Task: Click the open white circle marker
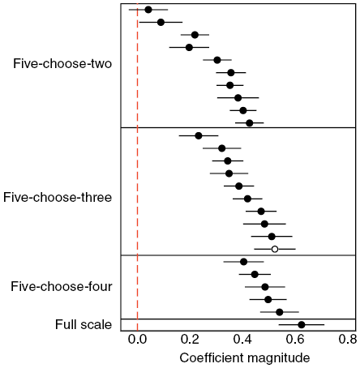(x=275, y=249)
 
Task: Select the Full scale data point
(x=302, y=325)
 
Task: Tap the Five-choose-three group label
(x=58, y=197)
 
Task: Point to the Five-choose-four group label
(x=62, y=286)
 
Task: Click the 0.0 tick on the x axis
(x=138, y=339)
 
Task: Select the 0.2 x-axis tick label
(x=190, y=339)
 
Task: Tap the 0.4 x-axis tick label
(x=242, y=339)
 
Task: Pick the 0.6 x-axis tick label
(x=295, y=339)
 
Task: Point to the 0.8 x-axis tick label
(x=347, y=339)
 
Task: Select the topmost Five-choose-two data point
(x=148, y=10)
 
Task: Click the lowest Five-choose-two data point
(x=249, y=123)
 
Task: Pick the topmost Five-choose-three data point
(x=199, y=135)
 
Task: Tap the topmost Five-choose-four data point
(x=243, y=262)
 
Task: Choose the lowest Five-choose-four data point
(x=279, y=312)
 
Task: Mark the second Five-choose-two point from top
(x=161, y=22)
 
